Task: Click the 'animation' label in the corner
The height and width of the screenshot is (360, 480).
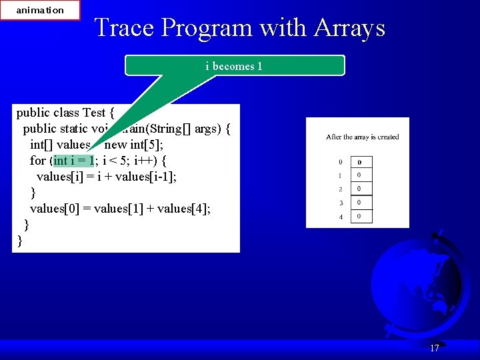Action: (40, 10)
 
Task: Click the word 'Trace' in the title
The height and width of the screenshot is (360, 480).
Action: (125, 28)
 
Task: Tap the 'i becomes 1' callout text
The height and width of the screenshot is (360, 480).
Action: (234, 66)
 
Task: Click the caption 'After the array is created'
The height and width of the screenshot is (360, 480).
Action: (362, 137)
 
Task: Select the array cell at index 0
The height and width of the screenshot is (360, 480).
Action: (361, 162)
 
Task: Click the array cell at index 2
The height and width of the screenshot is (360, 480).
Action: (361, 189)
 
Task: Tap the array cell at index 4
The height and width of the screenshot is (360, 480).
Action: (361, 217)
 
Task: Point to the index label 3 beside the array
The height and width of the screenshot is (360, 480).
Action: (341, 203)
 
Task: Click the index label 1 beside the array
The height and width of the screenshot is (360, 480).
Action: (341, 176)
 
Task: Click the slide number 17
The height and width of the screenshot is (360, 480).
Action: (435, 348)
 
